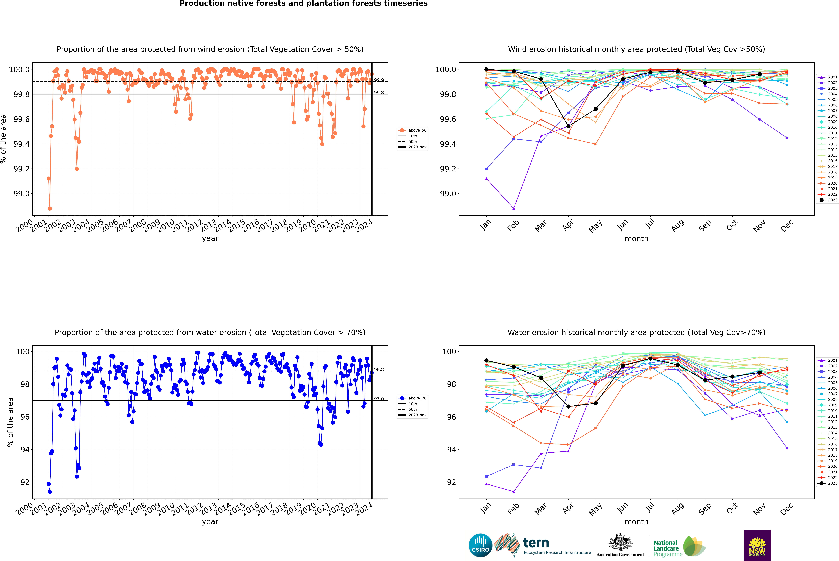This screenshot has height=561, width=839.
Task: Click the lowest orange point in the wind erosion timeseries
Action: pyautogui.click(x=50, y=208)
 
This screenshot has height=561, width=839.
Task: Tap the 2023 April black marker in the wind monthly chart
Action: pyautogui.click(x=568, y=126)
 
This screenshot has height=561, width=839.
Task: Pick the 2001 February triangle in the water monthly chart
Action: pyautogui.click(x=514, y=492)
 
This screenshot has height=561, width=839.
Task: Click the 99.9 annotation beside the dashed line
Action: pyautogui.click(x=379, y=80)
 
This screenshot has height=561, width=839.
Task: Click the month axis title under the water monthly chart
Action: pyautogui.click(x=636, y=522)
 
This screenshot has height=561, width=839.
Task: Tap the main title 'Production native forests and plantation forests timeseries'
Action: pyautogui.click(x=303, y=4)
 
